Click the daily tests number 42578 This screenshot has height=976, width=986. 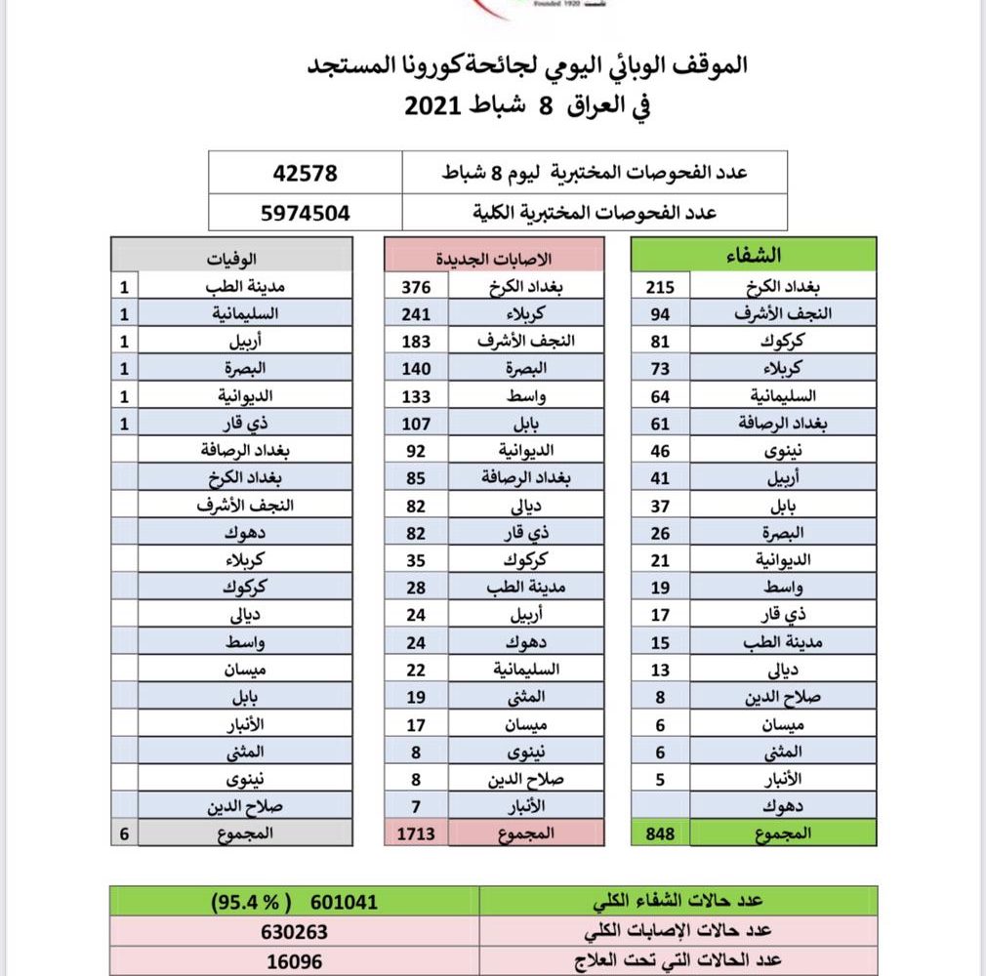pos(306,174)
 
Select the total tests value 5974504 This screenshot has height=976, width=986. pos(306,211)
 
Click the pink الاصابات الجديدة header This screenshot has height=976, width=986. pos(494,256)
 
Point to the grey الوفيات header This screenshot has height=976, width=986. pos(232,256)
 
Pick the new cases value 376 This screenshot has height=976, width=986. pos(416,287)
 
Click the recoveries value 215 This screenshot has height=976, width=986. pos(662,287)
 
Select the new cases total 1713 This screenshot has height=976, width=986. pos(416,833)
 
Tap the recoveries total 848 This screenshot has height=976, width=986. pos(662,833)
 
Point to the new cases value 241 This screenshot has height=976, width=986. pos(416,314)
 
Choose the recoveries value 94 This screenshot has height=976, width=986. pos(662,314)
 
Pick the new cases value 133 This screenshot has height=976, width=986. pos(416,396)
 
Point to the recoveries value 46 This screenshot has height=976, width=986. pos(662,451)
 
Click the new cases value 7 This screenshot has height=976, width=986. pos(416,806)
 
